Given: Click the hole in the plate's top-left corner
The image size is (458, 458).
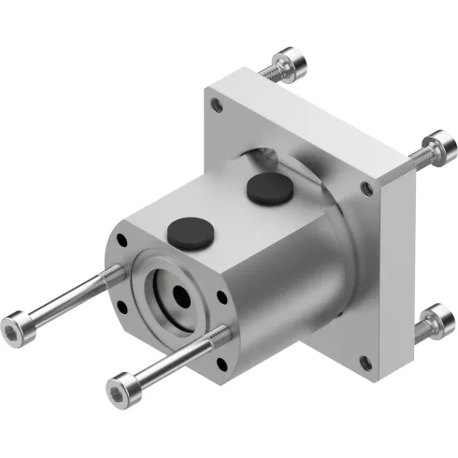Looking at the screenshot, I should [x=218, y=107].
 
